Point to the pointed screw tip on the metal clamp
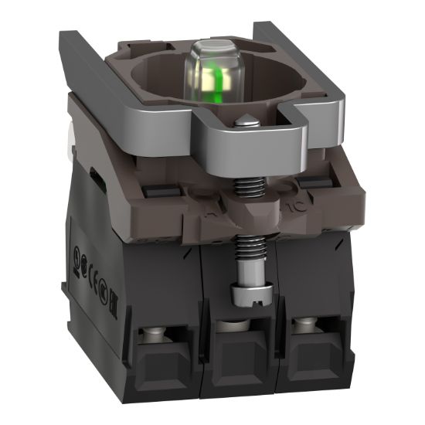(x=245, y=121)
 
